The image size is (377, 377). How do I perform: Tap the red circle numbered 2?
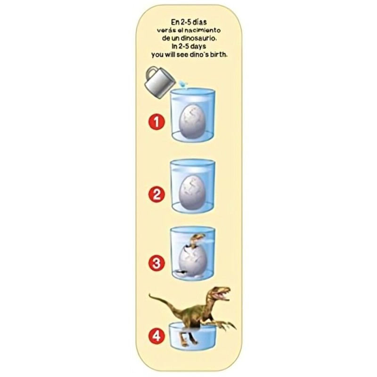(x=156, y=193)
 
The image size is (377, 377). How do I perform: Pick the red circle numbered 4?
(x=156, y=336)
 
